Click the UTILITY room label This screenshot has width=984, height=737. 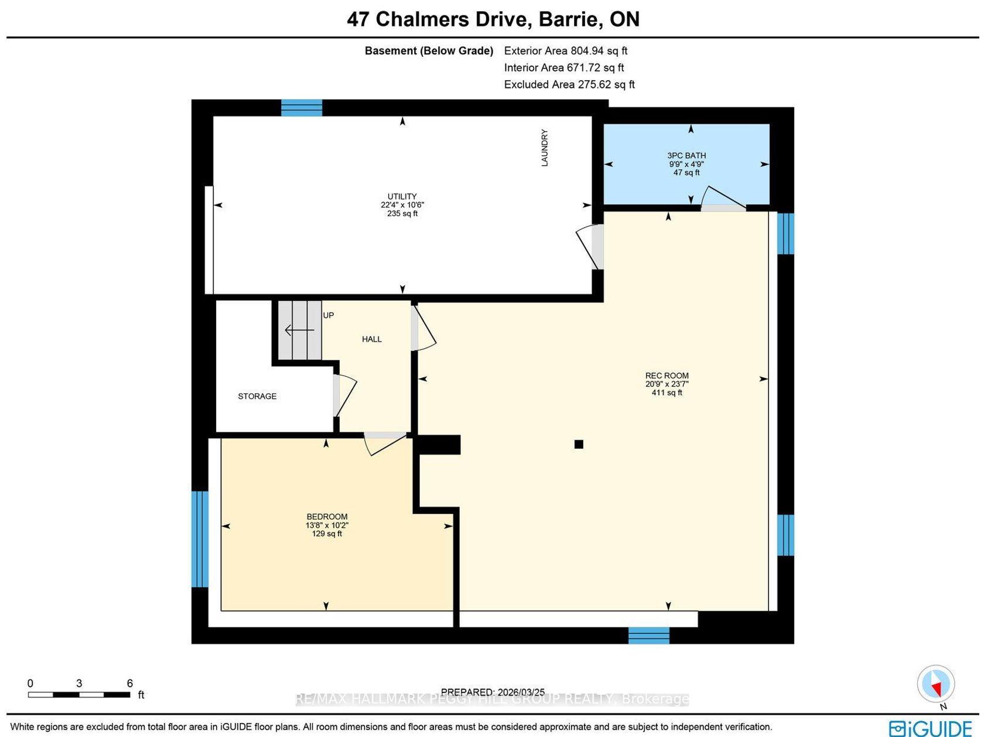tap(402, 196)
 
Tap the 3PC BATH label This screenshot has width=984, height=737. tap(686, 156)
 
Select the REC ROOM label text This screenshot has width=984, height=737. tap(667, 376)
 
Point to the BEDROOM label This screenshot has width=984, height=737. tap(327, 517)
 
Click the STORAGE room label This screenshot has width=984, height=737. tap(257, 396)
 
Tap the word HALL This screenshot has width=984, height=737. tap(371, 339)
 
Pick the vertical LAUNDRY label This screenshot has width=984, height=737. tap(545, 148)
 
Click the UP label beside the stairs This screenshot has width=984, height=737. tap(329, 315)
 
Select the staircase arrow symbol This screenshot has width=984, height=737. tap(299, 330)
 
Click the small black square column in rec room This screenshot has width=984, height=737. tap(579, 444)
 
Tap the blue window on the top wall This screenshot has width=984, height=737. tap(302, 108)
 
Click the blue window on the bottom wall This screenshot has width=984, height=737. tap(648, 635)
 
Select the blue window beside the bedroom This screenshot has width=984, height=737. tap(200, 539)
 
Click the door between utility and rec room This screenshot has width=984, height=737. tap(590, 247)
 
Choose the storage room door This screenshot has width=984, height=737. tap(345, 396)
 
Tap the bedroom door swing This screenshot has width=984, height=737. tap(385, 444)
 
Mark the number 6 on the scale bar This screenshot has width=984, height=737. tap(130, 683)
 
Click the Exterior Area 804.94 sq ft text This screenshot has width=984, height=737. tap(566, 50)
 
